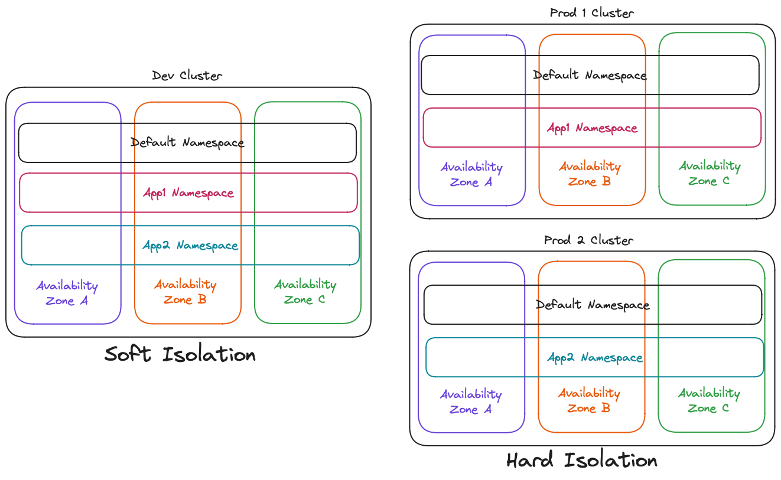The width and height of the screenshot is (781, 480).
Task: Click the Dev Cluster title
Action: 187,76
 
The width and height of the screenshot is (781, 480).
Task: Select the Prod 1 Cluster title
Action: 592,13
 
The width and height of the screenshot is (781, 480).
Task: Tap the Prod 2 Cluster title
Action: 588,240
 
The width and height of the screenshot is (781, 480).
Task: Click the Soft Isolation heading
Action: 180,354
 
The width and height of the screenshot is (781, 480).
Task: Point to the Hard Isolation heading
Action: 582,461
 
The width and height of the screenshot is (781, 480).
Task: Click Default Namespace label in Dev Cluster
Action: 187,143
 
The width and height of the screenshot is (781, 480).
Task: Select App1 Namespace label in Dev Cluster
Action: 188,194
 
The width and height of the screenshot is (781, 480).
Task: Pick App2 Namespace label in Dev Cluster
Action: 190,246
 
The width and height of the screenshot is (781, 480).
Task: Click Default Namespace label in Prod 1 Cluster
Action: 590,75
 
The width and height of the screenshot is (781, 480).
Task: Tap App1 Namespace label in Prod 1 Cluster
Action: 592,128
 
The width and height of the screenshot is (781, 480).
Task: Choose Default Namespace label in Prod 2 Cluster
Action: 593,305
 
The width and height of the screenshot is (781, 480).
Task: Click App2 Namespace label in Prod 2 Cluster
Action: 594,358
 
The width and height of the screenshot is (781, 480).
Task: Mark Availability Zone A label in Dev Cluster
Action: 67,293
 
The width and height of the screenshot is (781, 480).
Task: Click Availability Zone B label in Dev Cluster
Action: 186,292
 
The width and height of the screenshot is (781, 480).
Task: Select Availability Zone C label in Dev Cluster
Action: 305,292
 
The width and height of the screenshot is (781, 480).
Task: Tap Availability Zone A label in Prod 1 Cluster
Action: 471,175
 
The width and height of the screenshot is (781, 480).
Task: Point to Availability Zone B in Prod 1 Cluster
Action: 590,174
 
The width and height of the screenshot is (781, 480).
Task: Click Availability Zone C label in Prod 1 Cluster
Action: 709,174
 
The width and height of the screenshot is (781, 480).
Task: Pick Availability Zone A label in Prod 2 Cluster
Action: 471,401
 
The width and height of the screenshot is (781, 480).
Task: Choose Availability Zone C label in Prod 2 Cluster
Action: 708,400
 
